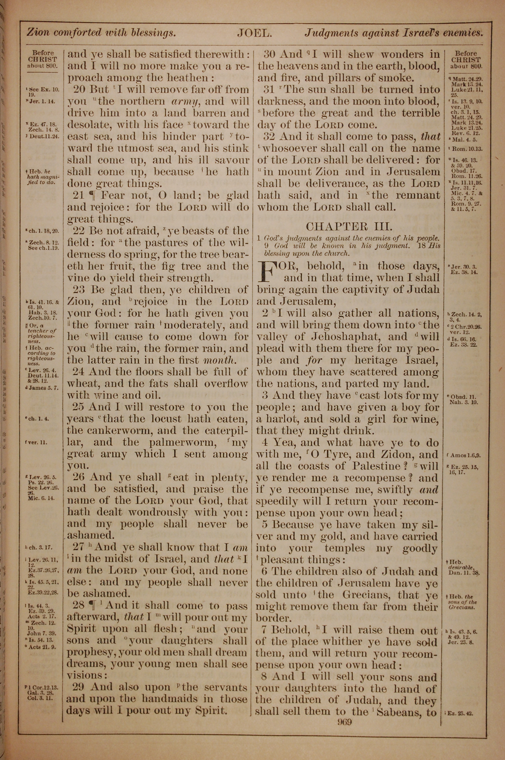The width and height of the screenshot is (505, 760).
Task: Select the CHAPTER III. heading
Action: click(349, 226)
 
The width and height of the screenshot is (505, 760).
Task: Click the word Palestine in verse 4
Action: click(375, 466)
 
